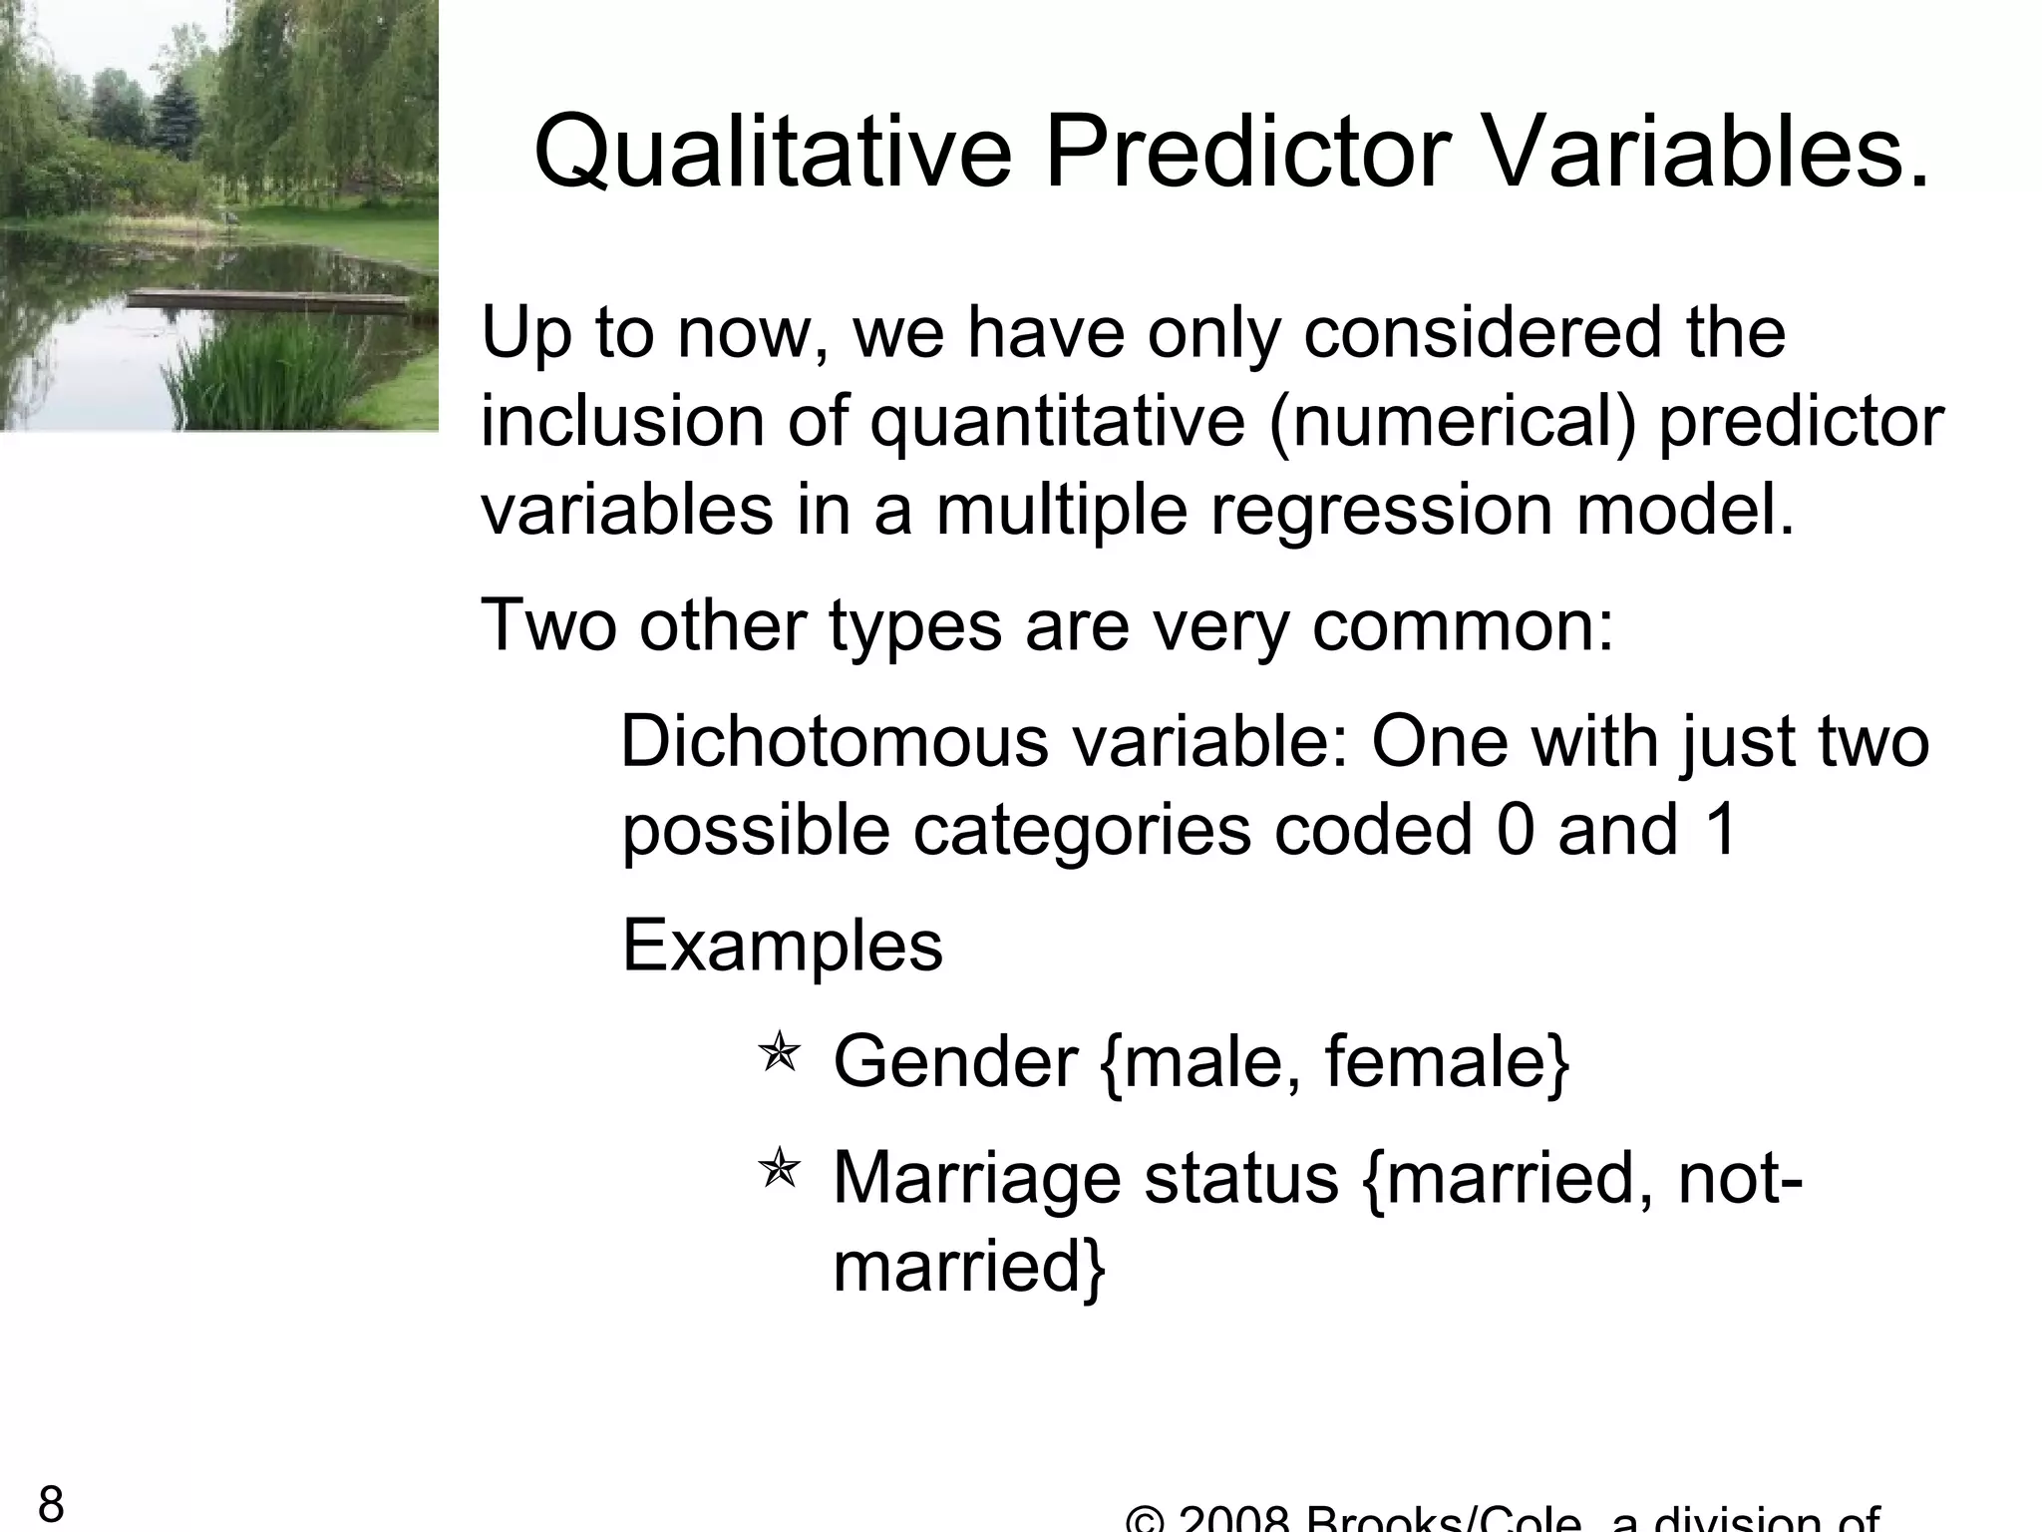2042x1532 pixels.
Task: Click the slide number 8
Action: point(51,1504)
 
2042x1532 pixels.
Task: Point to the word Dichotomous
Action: point(834,743)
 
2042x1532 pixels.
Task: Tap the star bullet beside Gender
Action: point(779,1055)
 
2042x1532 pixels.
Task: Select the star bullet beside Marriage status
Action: point(779,1169)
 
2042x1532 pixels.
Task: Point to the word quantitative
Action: point(1057,423)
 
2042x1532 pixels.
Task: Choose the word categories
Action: point(1082,832)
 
